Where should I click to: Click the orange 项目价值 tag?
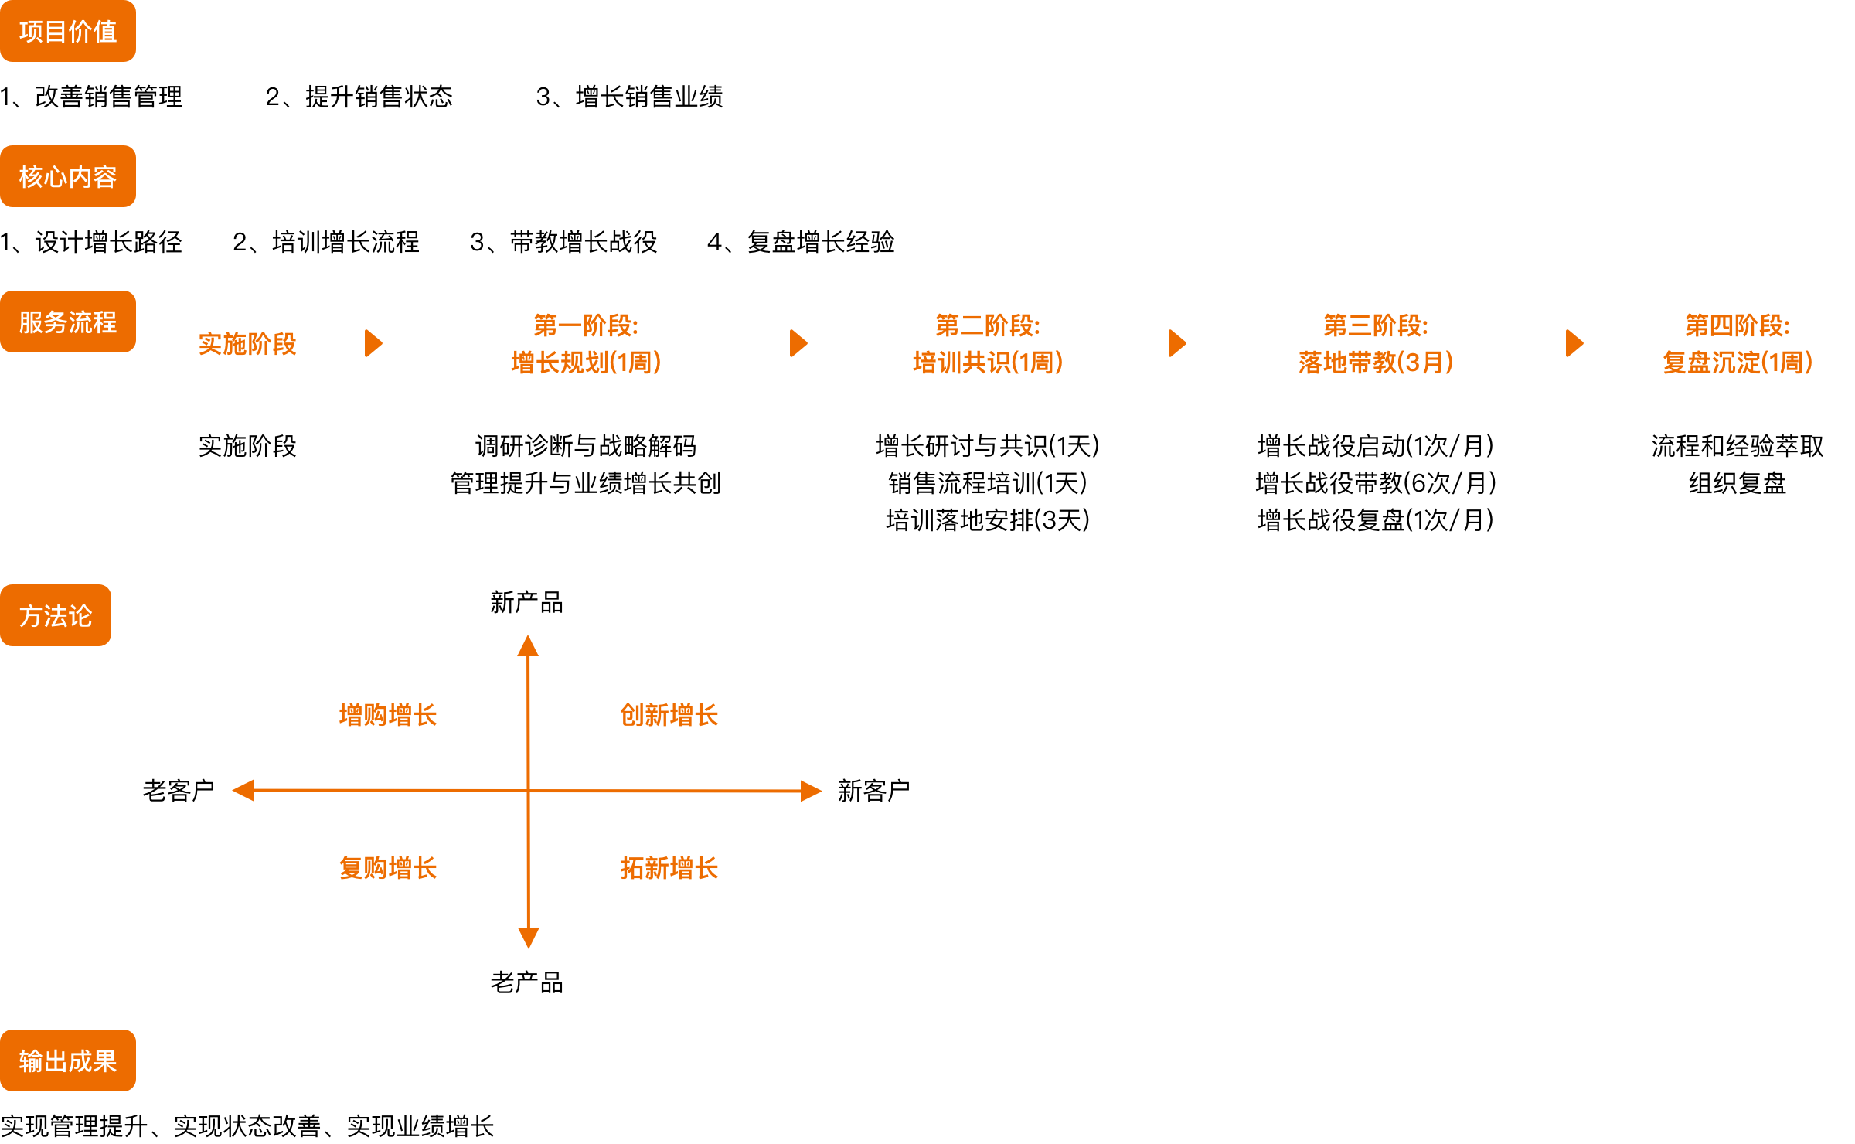[x=68, y=31]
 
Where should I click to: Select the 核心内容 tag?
[x=68, y=176]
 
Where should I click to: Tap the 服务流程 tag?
[x=68, y=322]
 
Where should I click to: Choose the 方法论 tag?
[x=56, y=615]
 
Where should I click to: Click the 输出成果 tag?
[x=68, y=1061]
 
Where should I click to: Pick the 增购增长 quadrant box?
[x=388, y=715]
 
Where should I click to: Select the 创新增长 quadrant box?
[x=669, y=715]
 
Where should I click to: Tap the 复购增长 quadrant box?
[x=388, y=867]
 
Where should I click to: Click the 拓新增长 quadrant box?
[x=669, y=867]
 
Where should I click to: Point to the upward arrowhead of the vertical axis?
[x=528, y=645]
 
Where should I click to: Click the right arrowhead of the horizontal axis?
[x=811, y=791]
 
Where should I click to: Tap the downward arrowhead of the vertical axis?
[x=529, y=938]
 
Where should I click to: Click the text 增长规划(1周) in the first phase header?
[x=586, y=362]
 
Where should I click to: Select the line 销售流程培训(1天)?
[x=988, y=483]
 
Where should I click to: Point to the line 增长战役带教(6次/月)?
[x=1376, y=483]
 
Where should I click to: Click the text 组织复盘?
[x=1738, y=483]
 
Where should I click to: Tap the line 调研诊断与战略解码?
[x=586, y=446]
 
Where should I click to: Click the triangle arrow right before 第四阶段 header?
[x=1574, y=343]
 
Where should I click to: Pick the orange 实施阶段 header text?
[x=247, y=343]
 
